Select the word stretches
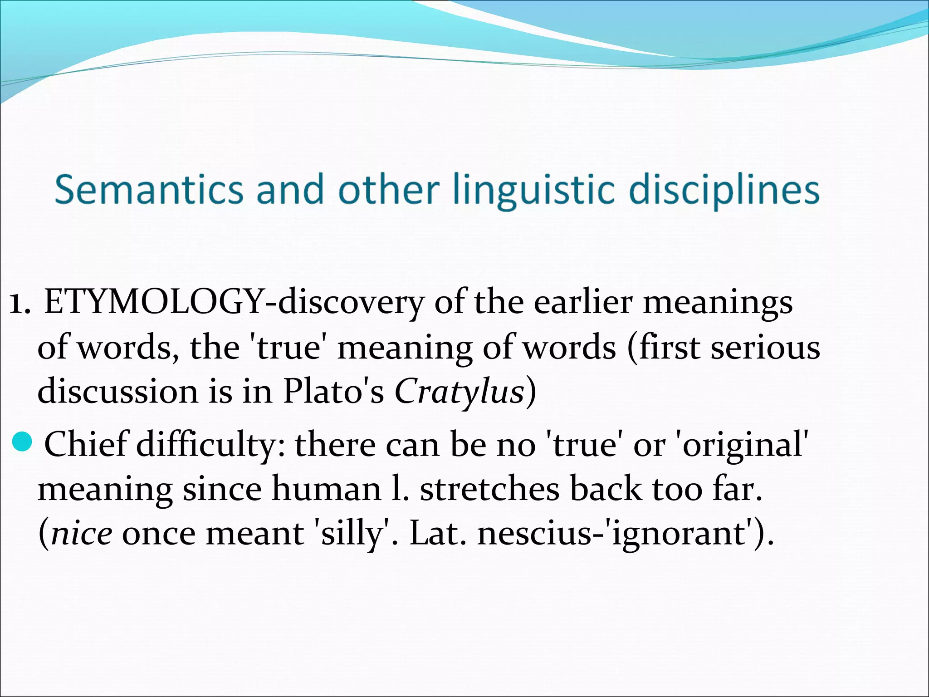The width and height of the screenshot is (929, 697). (489, 490)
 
